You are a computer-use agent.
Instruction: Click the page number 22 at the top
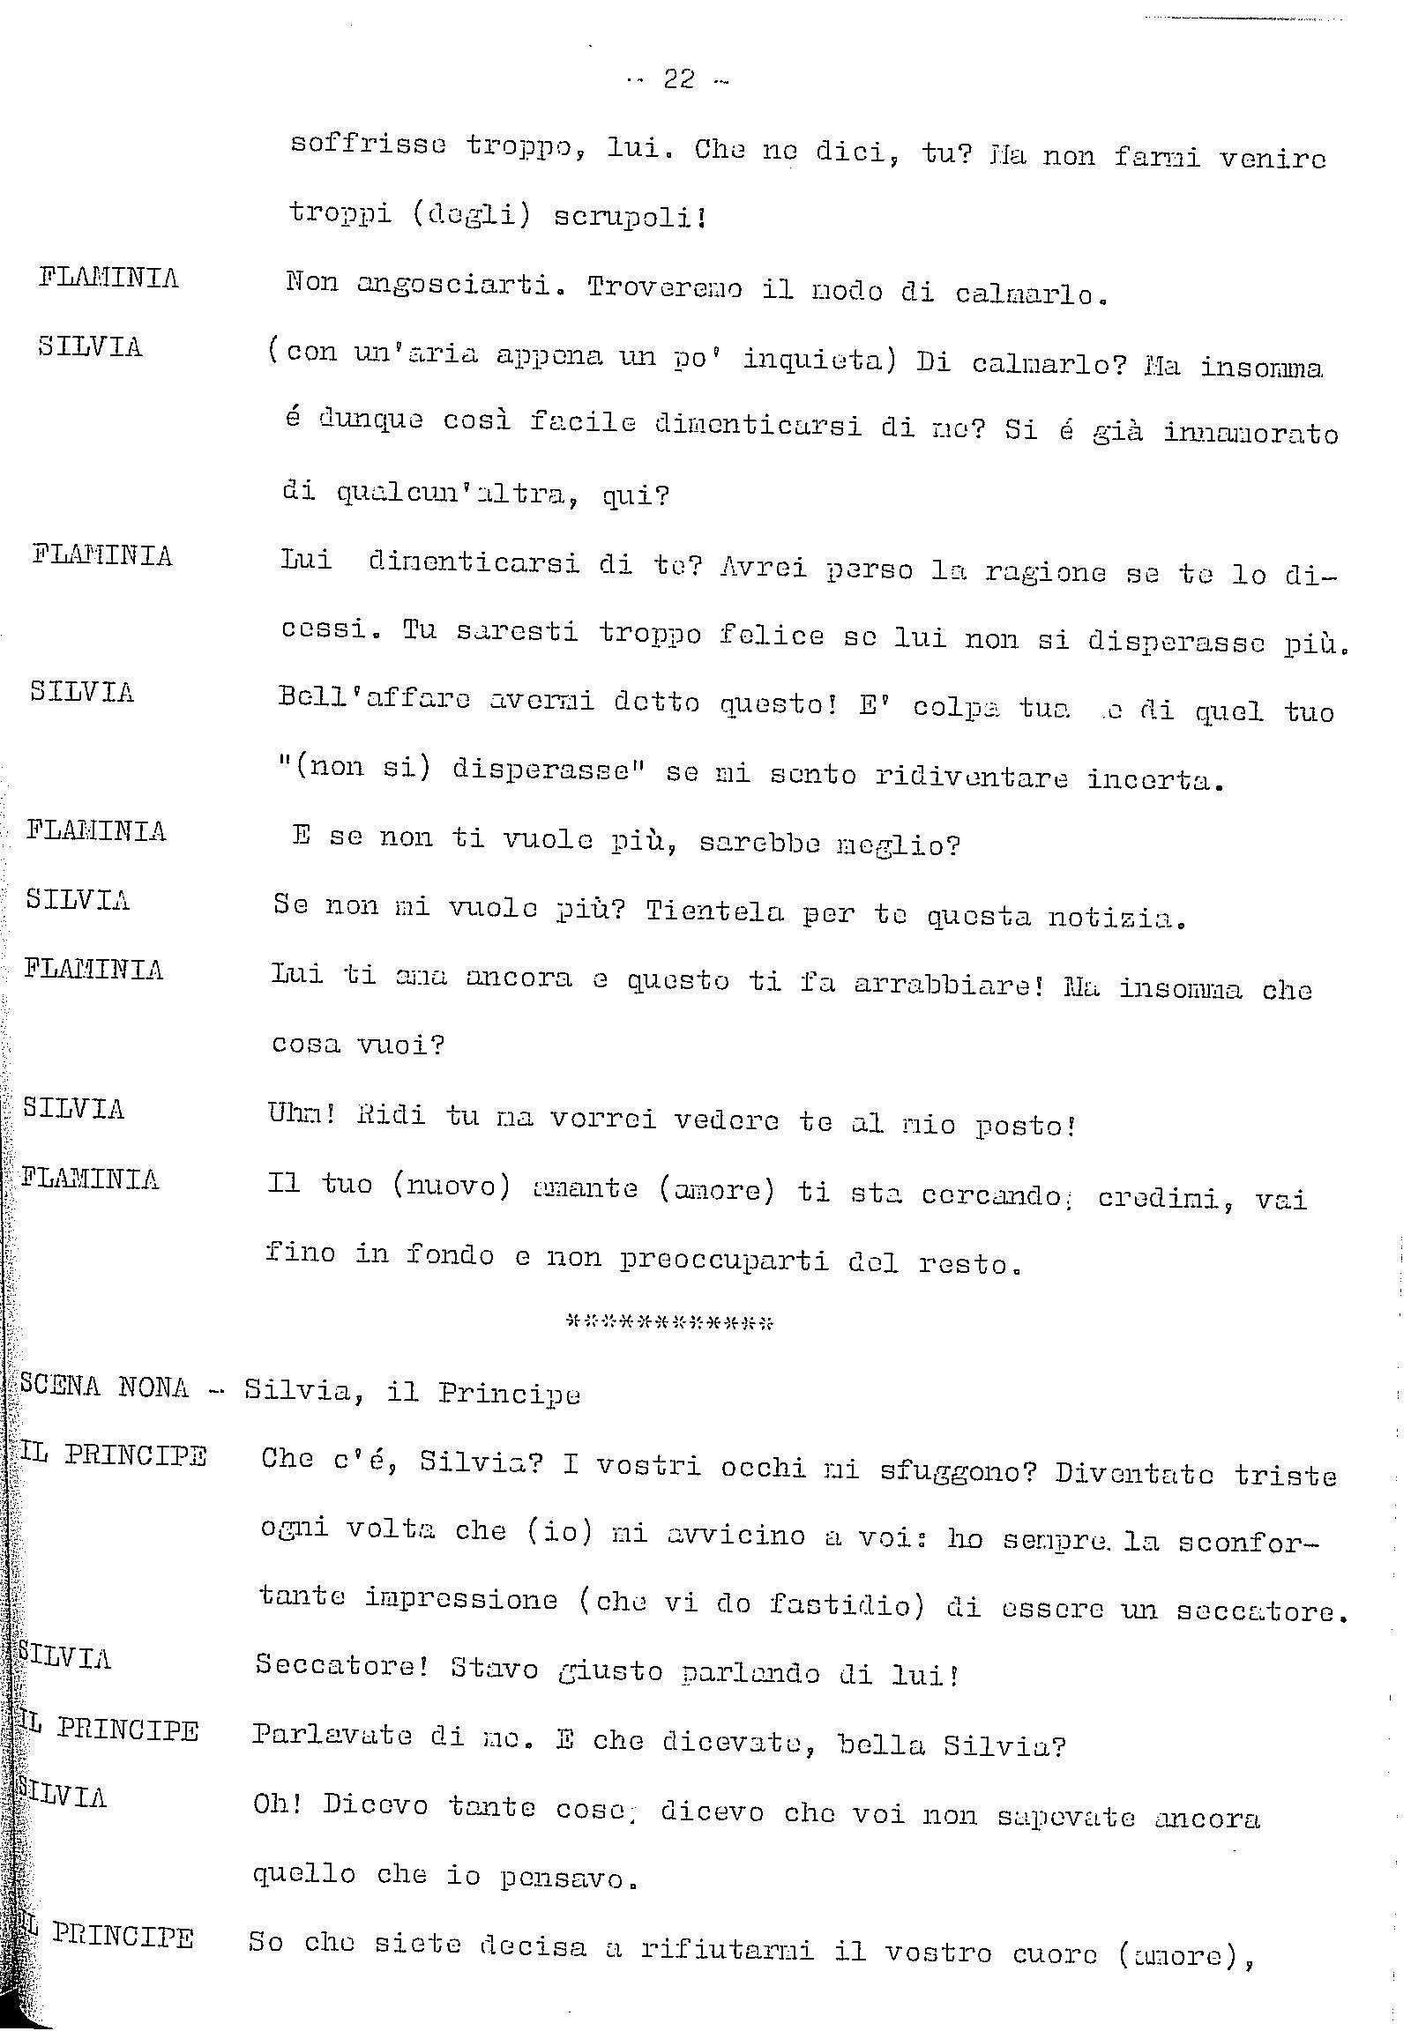pos(678,80)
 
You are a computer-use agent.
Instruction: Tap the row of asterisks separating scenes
pos(669,1323)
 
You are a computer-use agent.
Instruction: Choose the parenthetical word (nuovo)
pos(452,1186)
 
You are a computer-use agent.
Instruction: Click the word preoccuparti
pos(724,1260)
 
